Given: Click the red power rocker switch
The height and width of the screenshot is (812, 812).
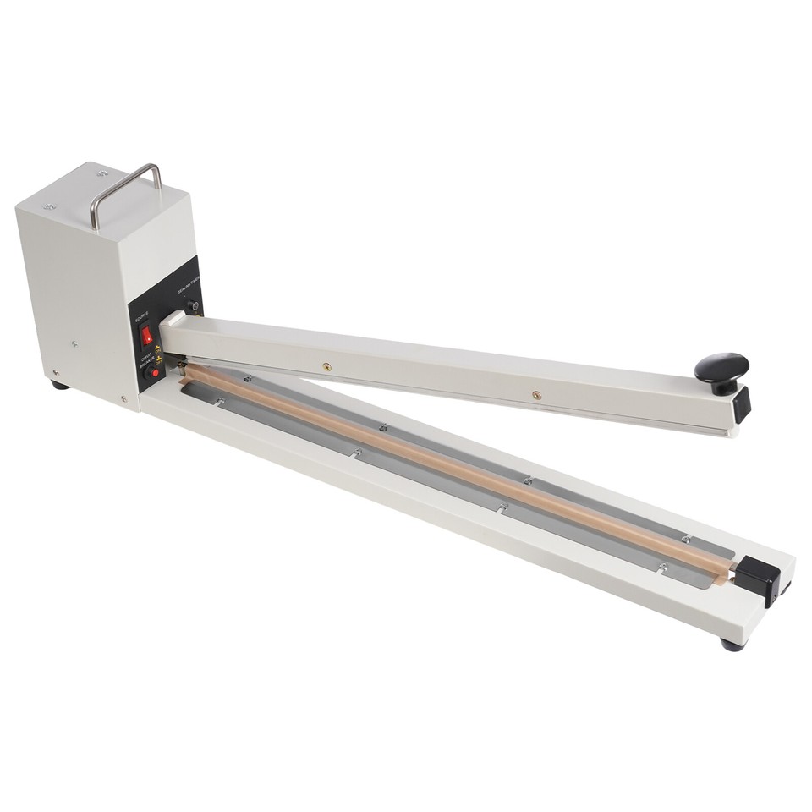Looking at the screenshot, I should click(x=147, y=336).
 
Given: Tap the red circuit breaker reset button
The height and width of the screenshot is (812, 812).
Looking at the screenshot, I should click(x=154, y=372).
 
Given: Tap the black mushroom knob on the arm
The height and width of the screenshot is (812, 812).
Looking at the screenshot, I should click(x=721, y=370).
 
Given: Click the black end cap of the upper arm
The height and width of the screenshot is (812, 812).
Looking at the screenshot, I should click(x=742, y=404).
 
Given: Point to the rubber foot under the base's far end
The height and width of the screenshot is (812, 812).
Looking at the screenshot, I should click(x=732, y=645).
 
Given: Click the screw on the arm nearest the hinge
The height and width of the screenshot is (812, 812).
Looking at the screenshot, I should click(x=326, y=367).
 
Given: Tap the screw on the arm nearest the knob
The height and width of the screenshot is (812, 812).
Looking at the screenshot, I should click(x=535, y=394).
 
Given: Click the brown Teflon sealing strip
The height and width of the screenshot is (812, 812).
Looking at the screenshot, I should click(x=457, y=470).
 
